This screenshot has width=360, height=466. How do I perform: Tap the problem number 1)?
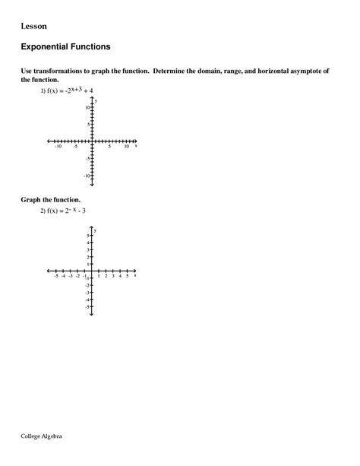tap(44, 90)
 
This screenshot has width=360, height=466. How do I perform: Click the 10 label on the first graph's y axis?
tap(87, 107)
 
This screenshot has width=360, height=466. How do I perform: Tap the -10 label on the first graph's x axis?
tap(58, 147)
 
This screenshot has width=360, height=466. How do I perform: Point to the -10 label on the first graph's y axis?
tap(86, 176)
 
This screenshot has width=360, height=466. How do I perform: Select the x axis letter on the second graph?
tap(135, 276)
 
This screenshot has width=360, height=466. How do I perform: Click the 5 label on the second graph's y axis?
tap(87, 236)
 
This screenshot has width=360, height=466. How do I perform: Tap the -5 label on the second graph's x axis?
tap(56, 276)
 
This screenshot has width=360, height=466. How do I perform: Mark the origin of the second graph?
tap(91, 271)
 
